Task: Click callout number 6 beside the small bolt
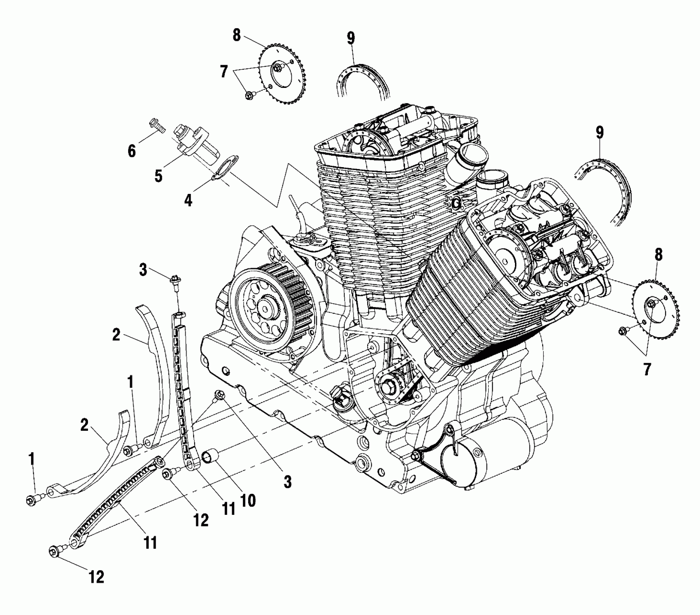pos(131,150)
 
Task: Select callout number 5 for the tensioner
pos(158,176)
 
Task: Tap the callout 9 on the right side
pos(600,133)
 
